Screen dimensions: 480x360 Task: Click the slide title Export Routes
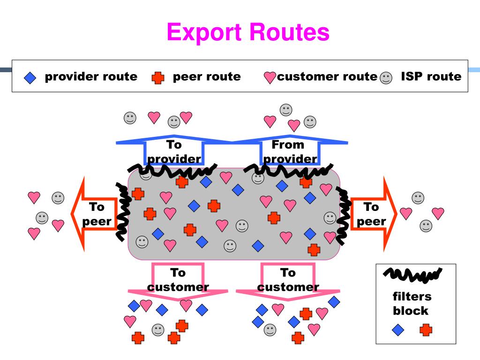tap(248, 32)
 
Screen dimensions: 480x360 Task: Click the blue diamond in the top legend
tap(30, 78)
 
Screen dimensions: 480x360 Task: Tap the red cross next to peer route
tap(158, 78)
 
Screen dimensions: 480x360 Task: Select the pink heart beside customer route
tap(270, 77)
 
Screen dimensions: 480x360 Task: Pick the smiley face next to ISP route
tap(386, 78)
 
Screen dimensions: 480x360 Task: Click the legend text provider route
tap(91, 76)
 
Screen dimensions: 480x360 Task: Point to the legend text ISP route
tap(431, 76)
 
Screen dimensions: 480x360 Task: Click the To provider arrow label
tap(174, 151)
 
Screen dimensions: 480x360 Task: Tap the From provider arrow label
tap(290, 151)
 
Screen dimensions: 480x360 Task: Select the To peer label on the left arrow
tap(97, 214)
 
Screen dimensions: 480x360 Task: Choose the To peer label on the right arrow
tap(371, 214)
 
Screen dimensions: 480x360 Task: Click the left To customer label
tap(178, 279)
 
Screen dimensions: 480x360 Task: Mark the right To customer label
tap(288, 279)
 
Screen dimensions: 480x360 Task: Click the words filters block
tap(412, 304)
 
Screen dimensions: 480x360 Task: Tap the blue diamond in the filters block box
tap(398, 330)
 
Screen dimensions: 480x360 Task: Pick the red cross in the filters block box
tap(426, 330)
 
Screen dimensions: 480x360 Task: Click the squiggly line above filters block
tap(412, 275)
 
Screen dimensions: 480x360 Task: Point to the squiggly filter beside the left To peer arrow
tap(124, 211)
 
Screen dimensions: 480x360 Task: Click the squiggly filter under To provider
tap(172, 171)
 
